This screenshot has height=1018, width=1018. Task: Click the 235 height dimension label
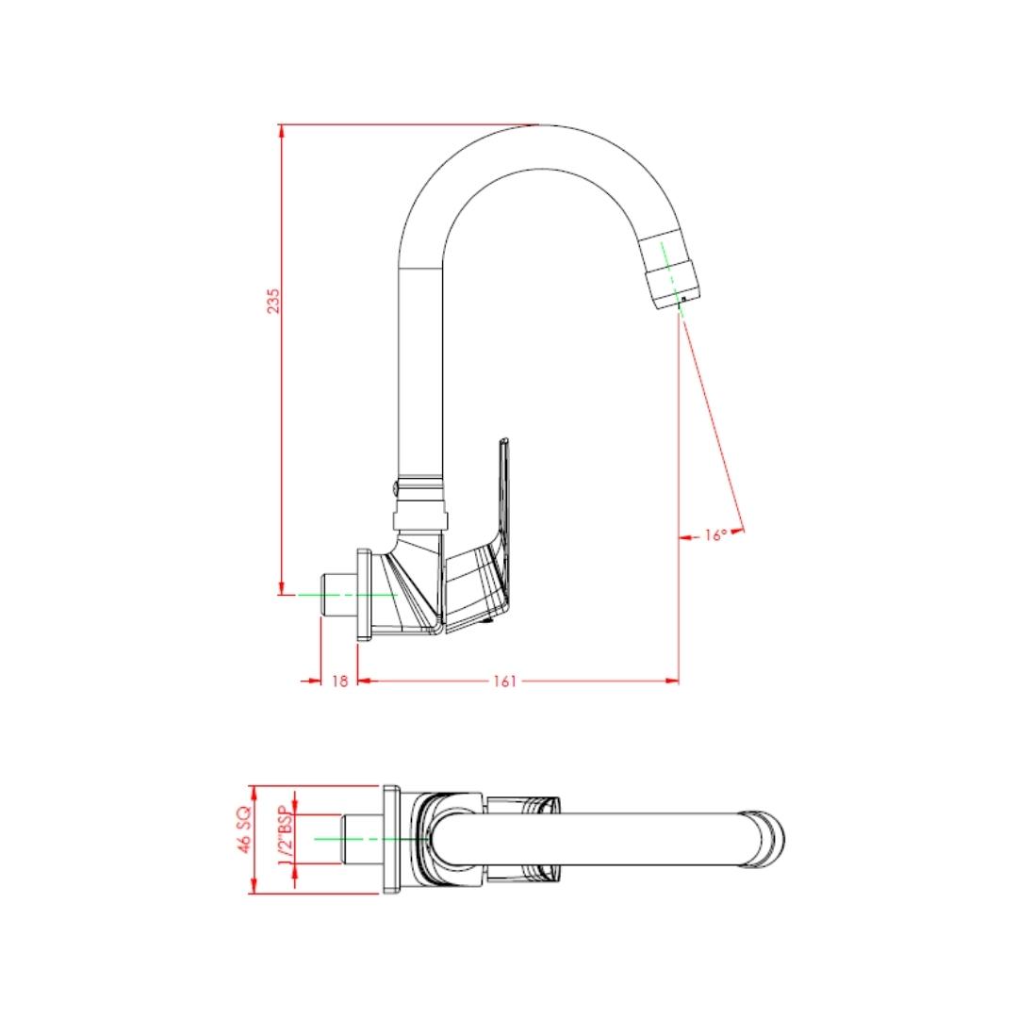[x=273, y=301]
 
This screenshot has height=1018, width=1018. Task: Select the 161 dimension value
[x=505, y=681]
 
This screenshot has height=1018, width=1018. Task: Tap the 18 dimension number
[x=339, y=681]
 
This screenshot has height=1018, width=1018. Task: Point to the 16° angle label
[x=715, y=535]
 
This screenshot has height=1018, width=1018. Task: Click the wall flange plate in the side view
[x=364, y=596]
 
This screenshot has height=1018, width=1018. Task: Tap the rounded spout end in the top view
[x=765, y=838]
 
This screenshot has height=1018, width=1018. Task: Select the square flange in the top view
[x=392, y=839]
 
